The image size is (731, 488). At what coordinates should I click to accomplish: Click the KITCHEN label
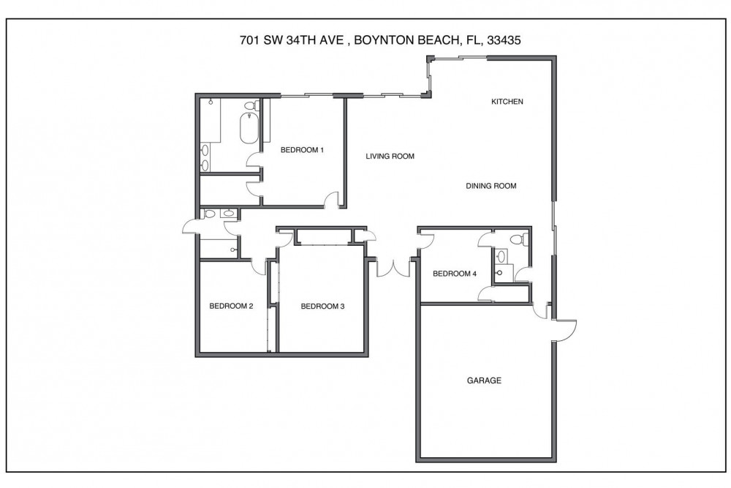pos(507,102)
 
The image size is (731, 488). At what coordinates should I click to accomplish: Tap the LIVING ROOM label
pos(390,156)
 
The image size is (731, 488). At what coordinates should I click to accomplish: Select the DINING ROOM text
pos(491,186)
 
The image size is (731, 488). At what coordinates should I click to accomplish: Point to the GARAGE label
pos(483,380)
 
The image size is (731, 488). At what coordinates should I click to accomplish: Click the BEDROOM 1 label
pos(302,150)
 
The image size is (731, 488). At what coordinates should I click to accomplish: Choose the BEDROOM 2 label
pos(231,306)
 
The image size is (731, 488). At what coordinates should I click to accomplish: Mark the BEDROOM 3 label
pos(322,306)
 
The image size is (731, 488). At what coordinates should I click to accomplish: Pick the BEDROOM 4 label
pos(455,274)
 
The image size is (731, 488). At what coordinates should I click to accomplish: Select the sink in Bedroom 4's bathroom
pos(501,256)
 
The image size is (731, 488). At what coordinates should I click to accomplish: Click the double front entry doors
pos(393,268)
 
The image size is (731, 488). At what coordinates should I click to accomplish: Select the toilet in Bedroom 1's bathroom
pos(250,107)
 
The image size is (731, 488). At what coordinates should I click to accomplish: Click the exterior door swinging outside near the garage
pos(565,329)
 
